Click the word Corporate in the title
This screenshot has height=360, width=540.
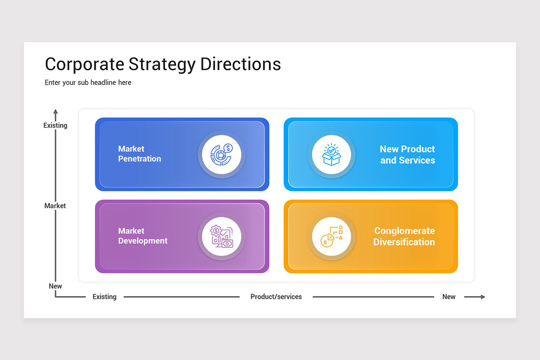(x=84, y=64)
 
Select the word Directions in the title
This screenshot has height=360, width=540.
(x=241, y=64)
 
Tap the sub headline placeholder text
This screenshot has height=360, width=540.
(x=88, y=82)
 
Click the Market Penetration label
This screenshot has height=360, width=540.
(x=139, y=154)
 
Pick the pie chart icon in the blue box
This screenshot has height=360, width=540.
(x=221, y=155)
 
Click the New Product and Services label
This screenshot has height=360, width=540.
(x=407, y=154)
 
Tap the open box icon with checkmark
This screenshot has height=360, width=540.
(x=332, y=155)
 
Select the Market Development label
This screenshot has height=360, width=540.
(x=143, y=236)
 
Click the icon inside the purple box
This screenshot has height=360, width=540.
(x=221, y=237)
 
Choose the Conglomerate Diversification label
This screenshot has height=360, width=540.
(x=404, y=236)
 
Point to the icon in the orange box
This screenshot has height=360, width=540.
(x=332, y=237)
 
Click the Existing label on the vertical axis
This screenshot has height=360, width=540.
(x=55, y=126)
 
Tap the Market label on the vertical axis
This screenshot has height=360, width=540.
(x=55, y=206)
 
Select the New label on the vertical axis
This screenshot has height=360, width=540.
(x=55, y=286)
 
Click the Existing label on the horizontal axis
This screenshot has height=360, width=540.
(x=104, y=297)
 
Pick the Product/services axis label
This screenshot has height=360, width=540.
(x=276, y=297)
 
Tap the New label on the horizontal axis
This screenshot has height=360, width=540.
(x=449, y=297)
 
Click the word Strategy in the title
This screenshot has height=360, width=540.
(x=162, y=64)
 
